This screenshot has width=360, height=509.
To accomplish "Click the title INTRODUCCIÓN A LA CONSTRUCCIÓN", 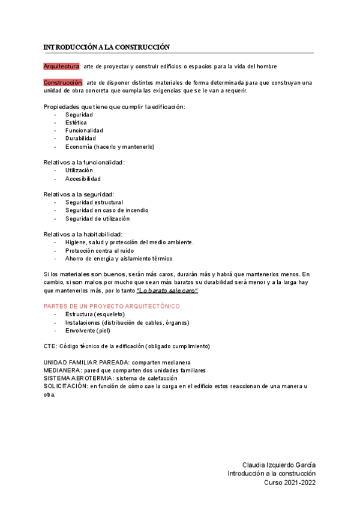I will point(107,47).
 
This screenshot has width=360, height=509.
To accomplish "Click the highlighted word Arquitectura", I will point(61,66).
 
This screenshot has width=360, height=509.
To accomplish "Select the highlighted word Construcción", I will point(62,82).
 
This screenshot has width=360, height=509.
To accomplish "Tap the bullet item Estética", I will point(76,122).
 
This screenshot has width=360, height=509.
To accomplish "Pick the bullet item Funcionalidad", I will point(84,130).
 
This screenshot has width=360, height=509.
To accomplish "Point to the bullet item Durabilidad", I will point(80,138).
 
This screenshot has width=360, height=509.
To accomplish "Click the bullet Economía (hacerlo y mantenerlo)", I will point(110,146).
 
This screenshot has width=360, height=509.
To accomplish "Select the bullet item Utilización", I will point(79,170).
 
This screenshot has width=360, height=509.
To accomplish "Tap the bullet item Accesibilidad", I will point(83,179).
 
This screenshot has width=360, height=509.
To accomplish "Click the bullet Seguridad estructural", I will point(94,202).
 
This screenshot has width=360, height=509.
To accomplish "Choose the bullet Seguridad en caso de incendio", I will point(107,210).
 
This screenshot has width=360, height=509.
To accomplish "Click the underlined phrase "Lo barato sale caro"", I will point(167,291).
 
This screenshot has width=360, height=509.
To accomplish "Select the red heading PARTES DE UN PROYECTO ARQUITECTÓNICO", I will point(112,306).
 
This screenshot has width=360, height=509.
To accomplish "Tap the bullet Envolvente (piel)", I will point(88,330).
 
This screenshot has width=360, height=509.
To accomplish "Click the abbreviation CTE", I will point(50,346).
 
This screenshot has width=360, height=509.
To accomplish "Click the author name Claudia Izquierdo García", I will point(278,465).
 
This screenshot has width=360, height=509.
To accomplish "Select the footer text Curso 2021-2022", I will point(290,482).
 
